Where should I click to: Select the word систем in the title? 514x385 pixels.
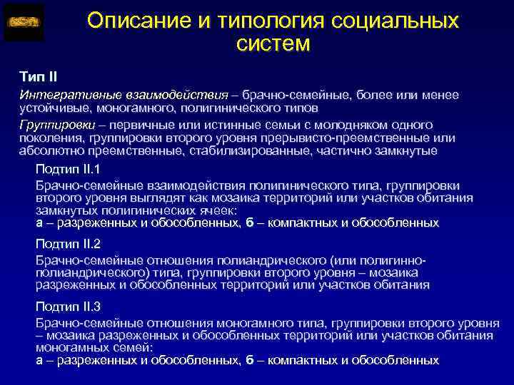pos(273,46)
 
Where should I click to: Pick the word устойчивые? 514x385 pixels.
pos(49,108)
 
